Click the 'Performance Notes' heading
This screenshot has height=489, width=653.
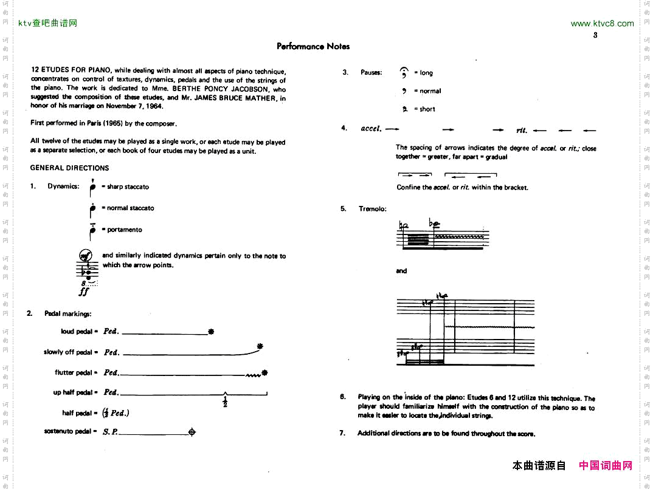tap(313, 46)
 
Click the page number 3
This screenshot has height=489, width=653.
tap(595, 35)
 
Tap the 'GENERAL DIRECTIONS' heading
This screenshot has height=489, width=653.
tap(70, 168)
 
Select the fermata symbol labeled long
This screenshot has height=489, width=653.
tap(404, 73)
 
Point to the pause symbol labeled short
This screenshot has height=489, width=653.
tap(404, 109)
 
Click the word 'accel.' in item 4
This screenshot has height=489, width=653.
tap(371, 129)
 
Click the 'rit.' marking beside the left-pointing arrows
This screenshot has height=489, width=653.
tap(522, 130)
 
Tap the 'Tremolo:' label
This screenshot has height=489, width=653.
tap(373, 209)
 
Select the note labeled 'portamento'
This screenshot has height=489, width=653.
tap(92, 230)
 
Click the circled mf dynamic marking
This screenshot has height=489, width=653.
tap(86, 255)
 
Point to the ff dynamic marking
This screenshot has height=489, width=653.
tap(84, 292)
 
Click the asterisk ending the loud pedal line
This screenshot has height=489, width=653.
tap(211, 332)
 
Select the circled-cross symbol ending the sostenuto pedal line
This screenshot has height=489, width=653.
tap(192, 432)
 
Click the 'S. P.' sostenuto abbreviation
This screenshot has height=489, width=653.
tap(110, 432)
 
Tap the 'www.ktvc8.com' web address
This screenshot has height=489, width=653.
tap(602, 24)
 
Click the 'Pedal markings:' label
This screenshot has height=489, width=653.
tap(67, 313)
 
